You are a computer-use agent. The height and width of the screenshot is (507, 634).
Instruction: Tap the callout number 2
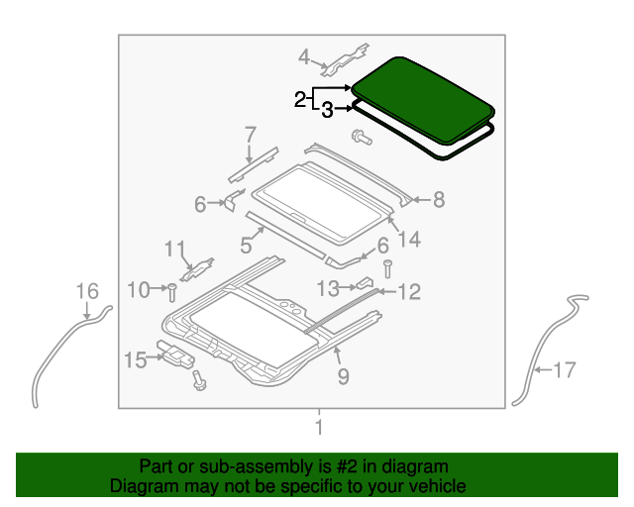coord(300,99)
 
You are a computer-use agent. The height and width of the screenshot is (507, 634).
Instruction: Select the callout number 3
coord(326,111)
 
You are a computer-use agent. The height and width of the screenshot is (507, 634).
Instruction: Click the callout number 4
coord(304,55)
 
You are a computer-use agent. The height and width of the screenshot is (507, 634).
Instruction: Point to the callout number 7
coord(250,134)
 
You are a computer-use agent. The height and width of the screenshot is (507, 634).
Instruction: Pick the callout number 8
coord(438,200)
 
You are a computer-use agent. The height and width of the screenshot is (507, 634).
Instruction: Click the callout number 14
coord(408,239)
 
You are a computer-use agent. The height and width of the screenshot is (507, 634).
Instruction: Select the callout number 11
coord(174,248)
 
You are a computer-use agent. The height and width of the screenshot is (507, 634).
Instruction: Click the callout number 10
coord(138,289)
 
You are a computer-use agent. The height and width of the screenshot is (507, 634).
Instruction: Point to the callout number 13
coord(328,287)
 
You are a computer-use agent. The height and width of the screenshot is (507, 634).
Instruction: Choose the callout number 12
coord(408,291)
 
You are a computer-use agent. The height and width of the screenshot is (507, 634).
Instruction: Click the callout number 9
coord(343,375)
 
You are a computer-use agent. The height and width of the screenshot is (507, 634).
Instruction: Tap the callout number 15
coord(135,358)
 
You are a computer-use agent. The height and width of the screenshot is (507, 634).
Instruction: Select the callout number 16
coord(87,290)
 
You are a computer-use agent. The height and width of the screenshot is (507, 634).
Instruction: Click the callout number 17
coord(563,371)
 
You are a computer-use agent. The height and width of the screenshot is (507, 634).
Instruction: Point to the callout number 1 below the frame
coord(318,428)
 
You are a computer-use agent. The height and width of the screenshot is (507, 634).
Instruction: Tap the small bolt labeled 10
coord(171,291)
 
